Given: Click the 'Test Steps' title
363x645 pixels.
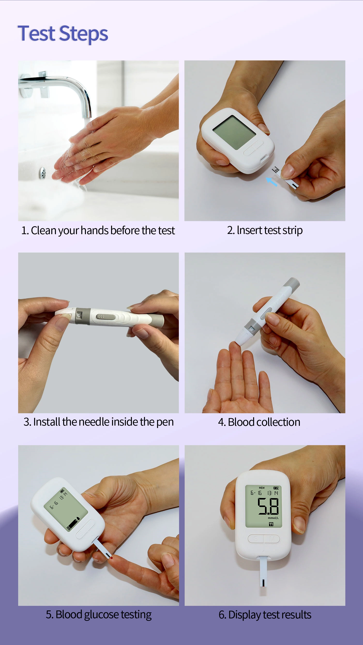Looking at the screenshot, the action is pos(63,34).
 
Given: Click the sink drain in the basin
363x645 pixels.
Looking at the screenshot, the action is pos(42,173).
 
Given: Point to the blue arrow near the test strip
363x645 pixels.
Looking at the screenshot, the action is pos(272,181).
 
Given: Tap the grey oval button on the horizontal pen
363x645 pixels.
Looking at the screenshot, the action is pos(106,317).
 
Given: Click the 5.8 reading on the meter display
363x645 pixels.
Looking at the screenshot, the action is pos(268,506).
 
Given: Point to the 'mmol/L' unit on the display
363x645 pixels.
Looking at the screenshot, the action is pos(273,518).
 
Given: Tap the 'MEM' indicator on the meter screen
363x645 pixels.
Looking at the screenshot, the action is pos(261,488).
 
